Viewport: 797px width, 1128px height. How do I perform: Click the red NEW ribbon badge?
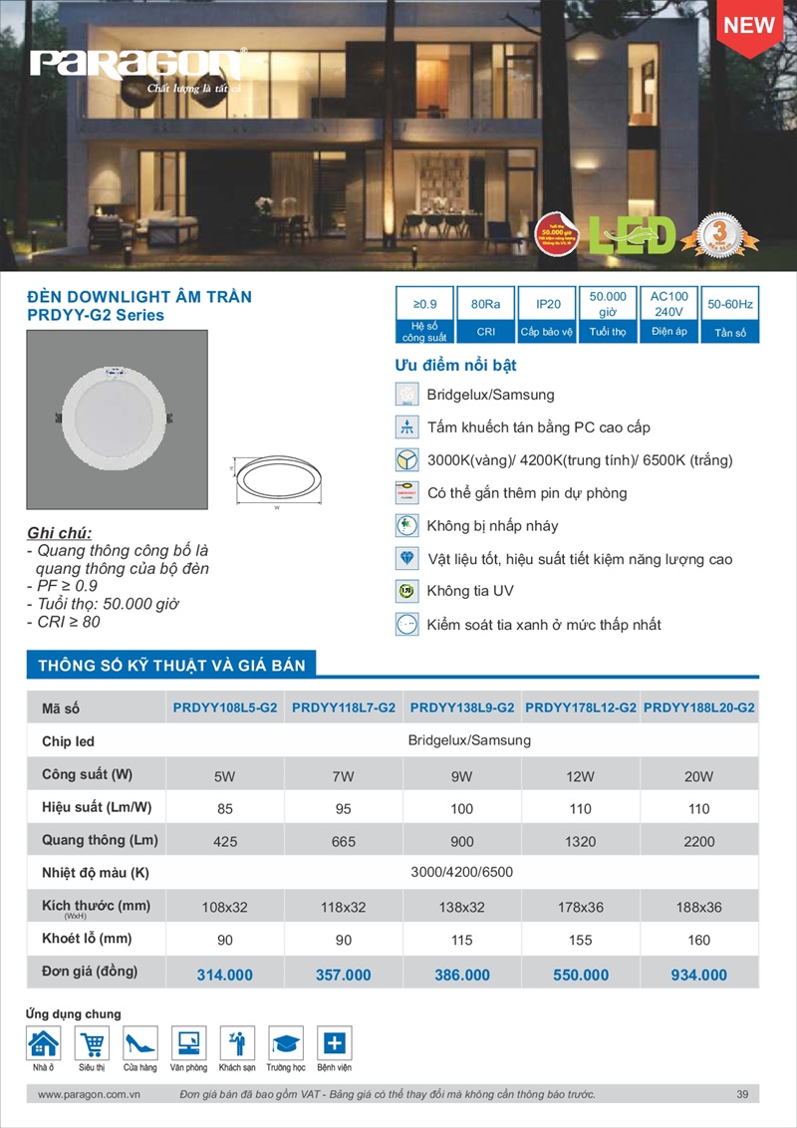tap(748, 26)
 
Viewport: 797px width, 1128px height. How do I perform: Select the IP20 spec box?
tap(547, 315)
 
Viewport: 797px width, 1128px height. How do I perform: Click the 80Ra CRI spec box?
tap(485, 315)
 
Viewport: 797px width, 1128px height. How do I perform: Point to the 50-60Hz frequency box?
tap(730, 315)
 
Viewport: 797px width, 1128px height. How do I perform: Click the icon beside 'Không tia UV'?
tap(406, 592)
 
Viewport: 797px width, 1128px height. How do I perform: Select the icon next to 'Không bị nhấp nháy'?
tap(406, 526)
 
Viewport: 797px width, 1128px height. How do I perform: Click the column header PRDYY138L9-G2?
tap(462, 708)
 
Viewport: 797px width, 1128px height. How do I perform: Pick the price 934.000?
tap(699, 975)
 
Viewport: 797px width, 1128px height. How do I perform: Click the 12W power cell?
tap(581, 776)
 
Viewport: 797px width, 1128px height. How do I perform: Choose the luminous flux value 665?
tap(344, 842)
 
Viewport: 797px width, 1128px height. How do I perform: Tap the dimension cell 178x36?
tap(581, 908)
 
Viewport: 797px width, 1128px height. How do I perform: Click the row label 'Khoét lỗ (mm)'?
tap(88, 939)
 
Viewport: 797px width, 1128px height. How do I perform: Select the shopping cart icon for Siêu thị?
tap(92, 1043)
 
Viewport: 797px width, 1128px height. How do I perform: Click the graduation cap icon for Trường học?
tap(286, 1043)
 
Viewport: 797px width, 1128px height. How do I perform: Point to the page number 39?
tap(742, 1095)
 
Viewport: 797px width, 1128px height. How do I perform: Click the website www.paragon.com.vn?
tap(88, 1095)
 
